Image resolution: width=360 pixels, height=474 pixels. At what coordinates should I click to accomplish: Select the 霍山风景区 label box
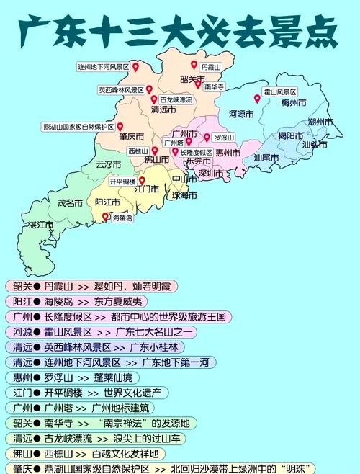pos(280,92)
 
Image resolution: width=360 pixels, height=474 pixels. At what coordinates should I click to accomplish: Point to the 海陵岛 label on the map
pos(122,217)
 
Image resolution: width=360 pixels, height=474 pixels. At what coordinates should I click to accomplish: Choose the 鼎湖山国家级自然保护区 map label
pos(78,127)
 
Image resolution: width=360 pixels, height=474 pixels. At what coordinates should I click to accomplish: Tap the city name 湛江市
pos(41,225)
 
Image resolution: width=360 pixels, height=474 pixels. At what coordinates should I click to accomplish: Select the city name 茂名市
pos(71,203)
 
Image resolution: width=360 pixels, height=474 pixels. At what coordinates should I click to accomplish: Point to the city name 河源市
pos(243,114)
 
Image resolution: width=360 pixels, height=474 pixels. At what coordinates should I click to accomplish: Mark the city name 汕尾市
pos(266,157)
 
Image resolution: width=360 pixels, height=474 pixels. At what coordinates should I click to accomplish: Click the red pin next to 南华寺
pos(198,84)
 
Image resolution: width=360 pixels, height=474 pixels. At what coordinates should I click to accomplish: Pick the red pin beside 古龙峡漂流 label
pos(153,99)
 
